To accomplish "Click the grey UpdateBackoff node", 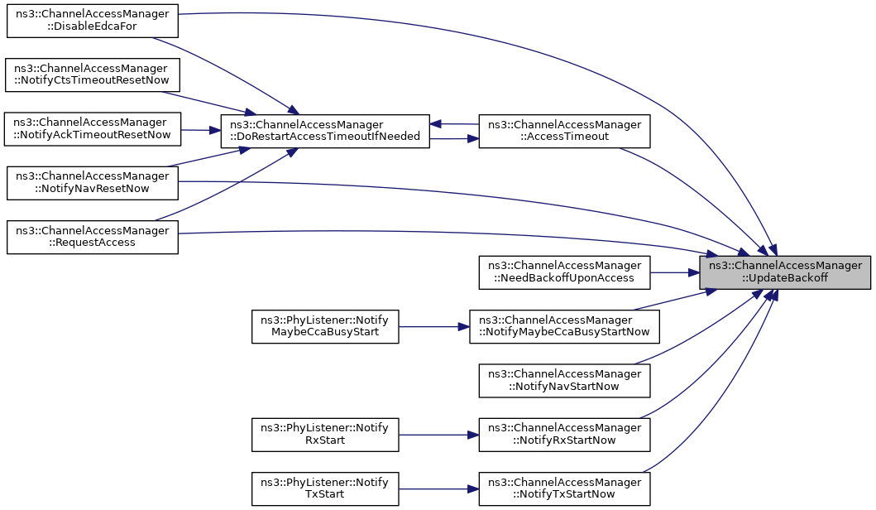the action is point(785,272).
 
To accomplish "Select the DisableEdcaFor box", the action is point(92,21).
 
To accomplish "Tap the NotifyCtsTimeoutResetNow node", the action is point(92,75).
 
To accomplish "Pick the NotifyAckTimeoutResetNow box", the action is point(92,129).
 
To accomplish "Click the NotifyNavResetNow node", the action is point(92,183).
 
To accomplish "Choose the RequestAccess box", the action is point(92,237).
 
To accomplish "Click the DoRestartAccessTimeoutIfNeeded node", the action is point(325,132).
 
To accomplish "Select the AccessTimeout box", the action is point(564,132).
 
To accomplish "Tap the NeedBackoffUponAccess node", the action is point(564,272).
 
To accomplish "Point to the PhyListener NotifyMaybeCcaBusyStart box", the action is point(325,326).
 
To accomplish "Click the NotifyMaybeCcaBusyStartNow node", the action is point(564,326).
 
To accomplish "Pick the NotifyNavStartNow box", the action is point(564,381).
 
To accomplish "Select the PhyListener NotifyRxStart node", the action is point(325,435).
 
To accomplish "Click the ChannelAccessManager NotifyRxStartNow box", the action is point(564,435).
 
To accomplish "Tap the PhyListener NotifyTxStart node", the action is point(325,488).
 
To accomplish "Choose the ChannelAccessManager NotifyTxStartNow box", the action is point(564,488).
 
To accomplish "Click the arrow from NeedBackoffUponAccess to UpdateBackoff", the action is point(675,272).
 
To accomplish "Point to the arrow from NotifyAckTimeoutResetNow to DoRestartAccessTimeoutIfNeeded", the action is point(200,130).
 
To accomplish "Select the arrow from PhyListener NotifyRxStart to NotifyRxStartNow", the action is point(438,435).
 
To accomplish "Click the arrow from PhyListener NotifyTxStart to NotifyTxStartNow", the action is point(438,488).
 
